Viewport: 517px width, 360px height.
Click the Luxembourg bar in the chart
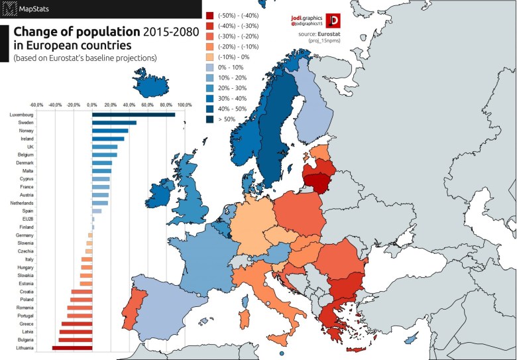(x=133, y=115)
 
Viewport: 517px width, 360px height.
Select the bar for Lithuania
(x=72, y=347)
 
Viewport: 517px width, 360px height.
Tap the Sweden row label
(x=18, y=123)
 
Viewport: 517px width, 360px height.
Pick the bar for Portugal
(x=80, y=316)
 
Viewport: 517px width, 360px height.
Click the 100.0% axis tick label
(x=184, y=104)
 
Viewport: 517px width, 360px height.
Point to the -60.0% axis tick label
(x=36, y=104)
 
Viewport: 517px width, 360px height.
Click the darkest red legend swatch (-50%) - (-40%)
(x=209, y=15)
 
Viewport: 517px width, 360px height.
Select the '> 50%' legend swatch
(x=209, y=119)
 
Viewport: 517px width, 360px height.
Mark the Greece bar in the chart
(x=77, y=324)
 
